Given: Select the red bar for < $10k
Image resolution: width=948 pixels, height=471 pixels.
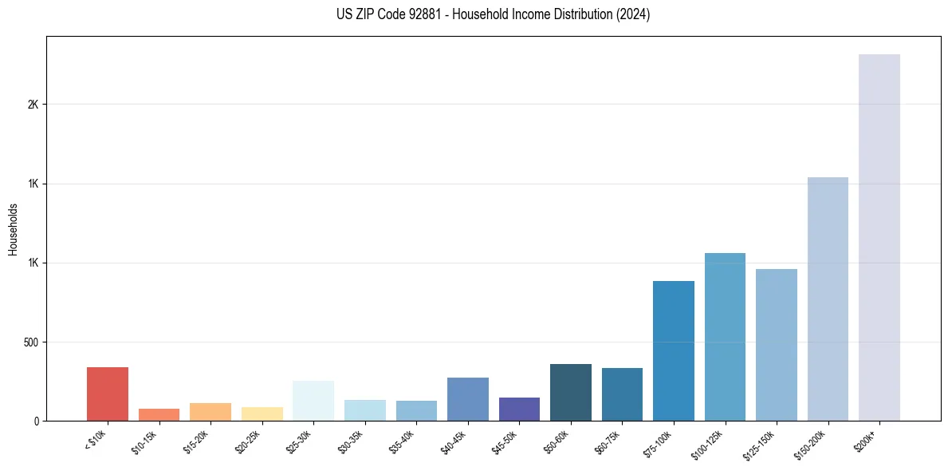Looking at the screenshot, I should (x=108, y=394).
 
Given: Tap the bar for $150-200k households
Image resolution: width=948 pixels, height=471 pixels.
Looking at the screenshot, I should (x=828, y=299).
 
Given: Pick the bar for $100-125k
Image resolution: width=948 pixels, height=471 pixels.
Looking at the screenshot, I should (x=725, y=337).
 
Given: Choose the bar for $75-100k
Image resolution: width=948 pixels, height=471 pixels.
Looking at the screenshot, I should (x=673, y=350).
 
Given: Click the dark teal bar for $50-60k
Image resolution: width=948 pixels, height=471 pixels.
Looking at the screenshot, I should (x=571, y=392).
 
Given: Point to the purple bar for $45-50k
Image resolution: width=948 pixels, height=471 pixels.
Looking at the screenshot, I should (x=519, y=409).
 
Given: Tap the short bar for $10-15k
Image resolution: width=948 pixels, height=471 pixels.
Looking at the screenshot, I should (x=159, y=414).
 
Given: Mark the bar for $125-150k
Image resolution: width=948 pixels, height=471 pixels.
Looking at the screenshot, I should (x=776, y=345).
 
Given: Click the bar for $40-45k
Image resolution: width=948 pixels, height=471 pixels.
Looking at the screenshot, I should (x=468, y=399).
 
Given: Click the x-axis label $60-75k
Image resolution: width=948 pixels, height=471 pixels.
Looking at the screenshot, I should (x=608, y=441).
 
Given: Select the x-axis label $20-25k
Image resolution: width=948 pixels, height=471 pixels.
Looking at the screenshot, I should (x=247, y=441).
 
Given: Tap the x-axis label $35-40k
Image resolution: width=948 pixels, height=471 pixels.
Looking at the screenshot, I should (x=402, y=441).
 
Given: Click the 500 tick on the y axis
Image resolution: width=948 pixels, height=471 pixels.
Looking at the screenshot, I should (x=31, y=342).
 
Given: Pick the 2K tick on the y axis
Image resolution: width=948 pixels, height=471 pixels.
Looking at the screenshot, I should (x=33, y=105).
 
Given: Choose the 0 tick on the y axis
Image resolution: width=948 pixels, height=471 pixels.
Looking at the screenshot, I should (x=37, y=422).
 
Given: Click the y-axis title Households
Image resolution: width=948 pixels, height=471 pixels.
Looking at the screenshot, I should (x=13, y=229).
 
